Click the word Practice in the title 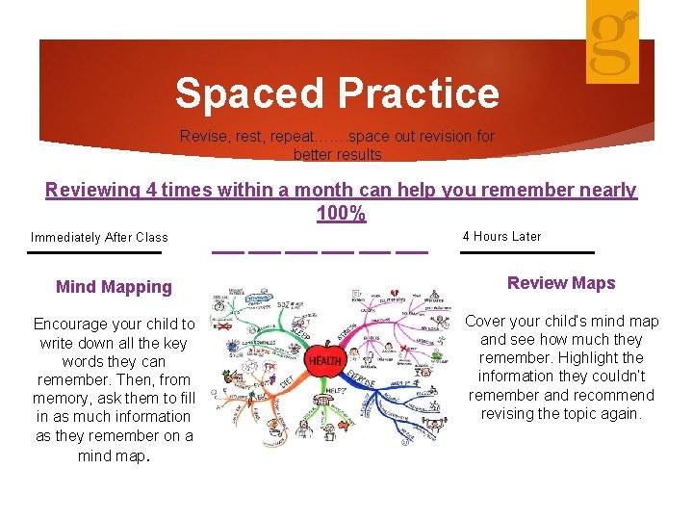pos(418,93)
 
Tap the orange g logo pos(613,40)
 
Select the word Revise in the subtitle pos(202,137)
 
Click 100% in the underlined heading pos(341,214)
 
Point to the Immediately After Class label pos(99,237)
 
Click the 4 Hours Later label pos(501,236)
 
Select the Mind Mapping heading pos(114,286)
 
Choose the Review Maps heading pos(560,282)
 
